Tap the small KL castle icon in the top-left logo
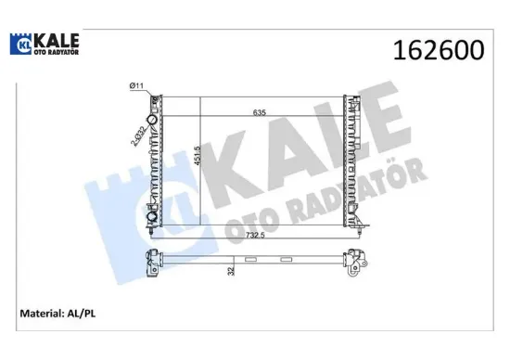tap(23, 45)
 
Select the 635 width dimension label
tap(261, 113)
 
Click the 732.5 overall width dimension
tap(255, 236)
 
